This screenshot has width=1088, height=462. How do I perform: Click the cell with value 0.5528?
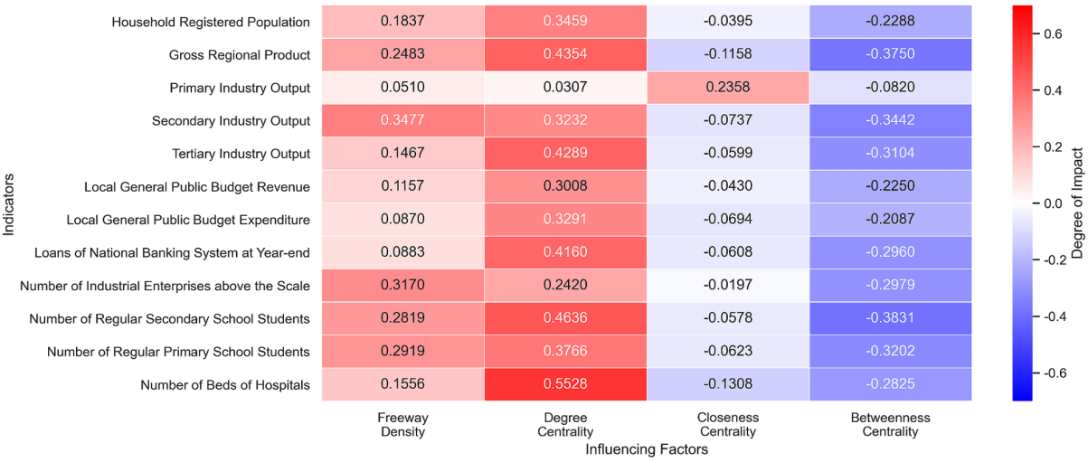tap(565, 384)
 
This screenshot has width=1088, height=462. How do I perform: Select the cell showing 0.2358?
tap(728, 88)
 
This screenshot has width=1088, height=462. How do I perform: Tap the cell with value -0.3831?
tap(891, 318)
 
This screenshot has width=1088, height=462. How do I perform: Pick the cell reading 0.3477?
tap(402, 120)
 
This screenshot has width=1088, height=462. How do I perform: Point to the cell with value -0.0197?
tap(728, 286)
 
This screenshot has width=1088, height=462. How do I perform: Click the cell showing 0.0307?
tap(565, 88)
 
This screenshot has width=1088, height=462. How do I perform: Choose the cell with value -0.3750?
tap(891, 54)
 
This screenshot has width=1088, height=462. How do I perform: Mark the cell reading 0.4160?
tap(565, 252)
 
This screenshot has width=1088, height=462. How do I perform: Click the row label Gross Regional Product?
tap(239, 54)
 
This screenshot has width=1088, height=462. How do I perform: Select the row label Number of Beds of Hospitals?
tap(225, 384)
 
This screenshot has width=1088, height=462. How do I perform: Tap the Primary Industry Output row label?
tap(240, 88)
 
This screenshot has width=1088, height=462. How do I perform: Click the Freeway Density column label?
tap(402, 425)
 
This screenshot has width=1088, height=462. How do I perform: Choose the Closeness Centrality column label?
tap(728, 425)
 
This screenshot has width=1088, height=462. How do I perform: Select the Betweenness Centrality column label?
tap(891, 425)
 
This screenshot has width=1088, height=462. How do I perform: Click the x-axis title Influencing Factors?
tap(646, 449)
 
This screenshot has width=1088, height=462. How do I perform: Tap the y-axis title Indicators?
tap(9, 203)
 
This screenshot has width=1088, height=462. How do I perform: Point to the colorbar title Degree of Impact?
tap(1076, 203)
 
